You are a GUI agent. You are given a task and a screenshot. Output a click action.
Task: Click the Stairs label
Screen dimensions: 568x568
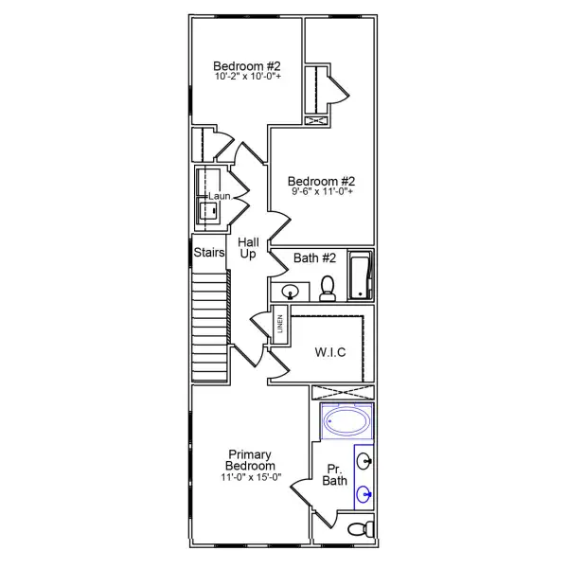coord(208,253)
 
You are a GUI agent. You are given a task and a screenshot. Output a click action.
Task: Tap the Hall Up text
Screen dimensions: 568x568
coord(248,249)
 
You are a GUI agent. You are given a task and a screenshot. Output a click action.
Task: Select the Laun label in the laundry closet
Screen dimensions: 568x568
coord(220,196)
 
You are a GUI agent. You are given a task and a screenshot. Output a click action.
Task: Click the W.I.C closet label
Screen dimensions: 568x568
coord(330,353)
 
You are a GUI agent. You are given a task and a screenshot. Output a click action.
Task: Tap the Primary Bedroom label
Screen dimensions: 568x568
coord(250,460)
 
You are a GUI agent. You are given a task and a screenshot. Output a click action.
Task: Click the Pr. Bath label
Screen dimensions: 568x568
coord(335,475)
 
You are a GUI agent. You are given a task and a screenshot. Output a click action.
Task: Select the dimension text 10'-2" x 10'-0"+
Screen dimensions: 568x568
coord(246,77)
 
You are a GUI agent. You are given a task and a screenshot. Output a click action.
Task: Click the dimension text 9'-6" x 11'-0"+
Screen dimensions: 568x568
coord(322,192)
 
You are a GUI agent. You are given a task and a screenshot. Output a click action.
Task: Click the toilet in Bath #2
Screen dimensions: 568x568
coord(328,288)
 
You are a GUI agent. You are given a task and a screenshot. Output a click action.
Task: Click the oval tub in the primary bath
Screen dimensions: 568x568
coord(346,421)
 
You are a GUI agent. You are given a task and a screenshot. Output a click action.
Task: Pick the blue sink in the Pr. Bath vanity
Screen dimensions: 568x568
coord(364,492)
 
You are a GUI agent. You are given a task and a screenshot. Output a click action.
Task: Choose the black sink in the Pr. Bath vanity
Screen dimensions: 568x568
coord(364,462)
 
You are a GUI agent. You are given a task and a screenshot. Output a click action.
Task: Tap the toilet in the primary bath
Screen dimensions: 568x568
coord(358,528)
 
